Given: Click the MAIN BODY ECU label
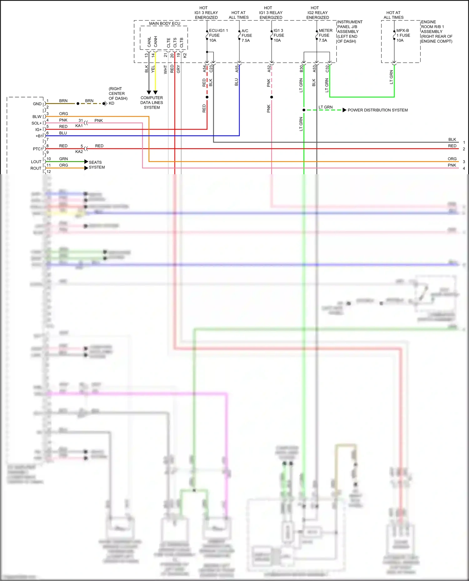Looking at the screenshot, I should click(164, 23).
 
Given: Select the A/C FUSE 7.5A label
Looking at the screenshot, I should click(246, 36).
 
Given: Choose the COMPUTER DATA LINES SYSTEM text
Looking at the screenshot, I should click(152, 102).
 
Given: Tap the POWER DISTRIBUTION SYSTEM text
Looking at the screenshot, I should click(378, 110).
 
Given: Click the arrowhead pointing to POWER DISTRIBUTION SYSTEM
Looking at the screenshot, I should click(344, 110).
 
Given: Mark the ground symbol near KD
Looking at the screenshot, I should click(105, 103).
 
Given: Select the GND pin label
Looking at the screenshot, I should click(37, 104).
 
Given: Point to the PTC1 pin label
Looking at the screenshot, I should click(37, 149).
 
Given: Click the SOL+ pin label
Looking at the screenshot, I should click(36, 123).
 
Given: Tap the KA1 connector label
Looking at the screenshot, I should click(79, 126).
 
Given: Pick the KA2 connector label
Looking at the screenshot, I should click(79, 152).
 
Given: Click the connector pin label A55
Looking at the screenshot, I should click(237, 69).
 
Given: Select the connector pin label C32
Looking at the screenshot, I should click(327, 69).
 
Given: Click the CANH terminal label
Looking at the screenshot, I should click(155, 42).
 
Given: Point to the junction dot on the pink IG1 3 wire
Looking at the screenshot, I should click(271, 97).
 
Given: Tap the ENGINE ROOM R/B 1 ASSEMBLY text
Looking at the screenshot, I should click(436, 32).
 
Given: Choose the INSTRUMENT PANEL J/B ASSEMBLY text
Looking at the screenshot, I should click(350, 32).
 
